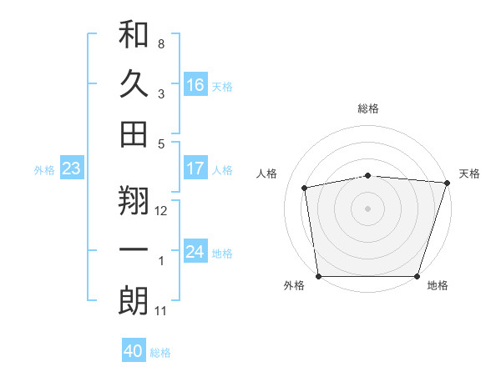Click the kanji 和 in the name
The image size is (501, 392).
[134, 36]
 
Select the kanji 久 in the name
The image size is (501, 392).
[134, 84]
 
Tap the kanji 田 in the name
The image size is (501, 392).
[134, 133]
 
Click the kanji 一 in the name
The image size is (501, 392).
[134, 250]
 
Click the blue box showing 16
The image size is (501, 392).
[195, 84]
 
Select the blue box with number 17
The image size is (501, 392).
[195, 168]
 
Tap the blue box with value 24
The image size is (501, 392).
[195, 252]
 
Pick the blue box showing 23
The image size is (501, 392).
[72, 169]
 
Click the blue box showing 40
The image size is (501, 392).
[134, 351]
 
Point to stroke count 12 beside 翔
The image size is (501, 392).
[161, 211]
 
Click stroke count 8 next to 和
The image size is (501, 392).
[161, 43]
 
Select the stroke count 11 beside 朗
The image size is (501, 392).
[161, 311]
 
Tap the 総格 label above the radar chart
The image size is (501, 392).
[368, 108]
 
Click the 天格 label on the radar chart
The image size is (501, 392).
[469, 173]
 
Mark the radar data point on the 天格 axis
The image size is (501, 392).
[447, 183]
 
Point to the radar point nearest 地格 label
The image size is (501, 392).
[417, 276]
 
